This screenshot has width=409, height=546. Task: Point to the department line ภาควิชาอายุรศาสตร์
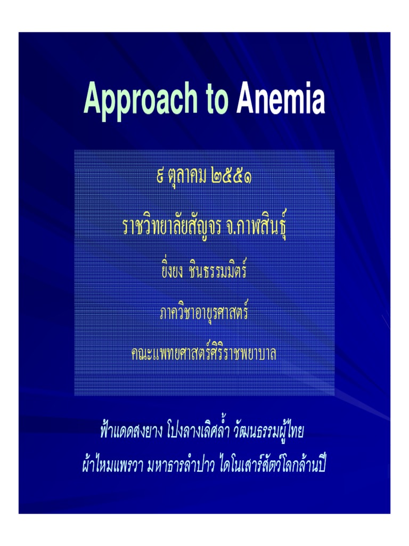click(204, 312)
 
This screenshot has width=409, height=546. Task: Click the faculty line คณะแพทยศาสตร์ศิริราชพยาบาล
click(204, 352)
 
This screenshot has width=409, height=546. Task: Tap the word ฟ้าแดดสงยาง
click(127, 431)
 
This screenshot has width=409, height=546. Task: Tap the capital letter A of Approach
click(92, 100)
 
